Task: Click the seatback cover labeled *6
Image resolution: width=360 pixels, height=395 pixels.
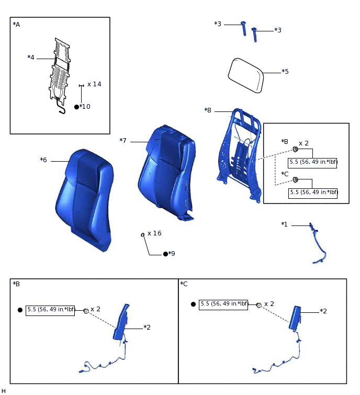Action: (84, 199)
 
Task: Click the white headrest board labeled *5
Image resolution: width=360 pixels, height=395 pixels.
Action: (245, 75)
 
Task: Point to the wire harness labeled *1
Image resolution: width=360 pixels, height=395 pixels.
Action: (317, 243)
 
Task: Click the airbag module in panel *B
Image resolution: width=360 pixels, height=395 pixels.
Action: (121, 322)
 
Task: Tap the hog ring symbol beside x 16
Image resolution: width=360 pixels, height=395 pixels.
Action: (142, 235)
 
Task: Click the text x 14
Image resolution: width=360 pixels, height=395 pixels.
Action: (94, 84)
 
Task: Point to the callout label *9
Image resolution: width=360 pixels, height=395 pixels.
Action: (171, 254)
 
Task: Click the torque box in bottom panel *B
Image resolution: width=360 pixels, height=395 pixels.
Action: (51, 310)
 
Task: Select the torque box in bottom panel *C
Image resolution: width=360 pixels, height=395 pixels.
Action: (223, 304)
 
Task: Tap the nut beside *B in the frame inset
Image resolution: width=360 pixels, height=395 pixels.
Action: (295, 148)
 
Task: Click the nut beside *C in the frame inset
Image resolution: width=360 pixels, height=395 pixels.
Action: (295, 179)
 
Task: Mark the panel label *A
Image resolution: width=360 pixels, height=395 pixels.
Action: (16, 24)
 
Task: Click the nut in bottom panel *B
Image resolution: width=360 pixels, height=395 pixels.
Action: (86, 311)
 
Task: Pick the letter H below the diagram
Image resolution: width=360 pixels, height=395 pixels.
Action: (4, 391)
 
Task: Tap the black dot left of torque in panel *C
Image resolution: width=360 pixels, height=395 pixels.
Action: (193, 304)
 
